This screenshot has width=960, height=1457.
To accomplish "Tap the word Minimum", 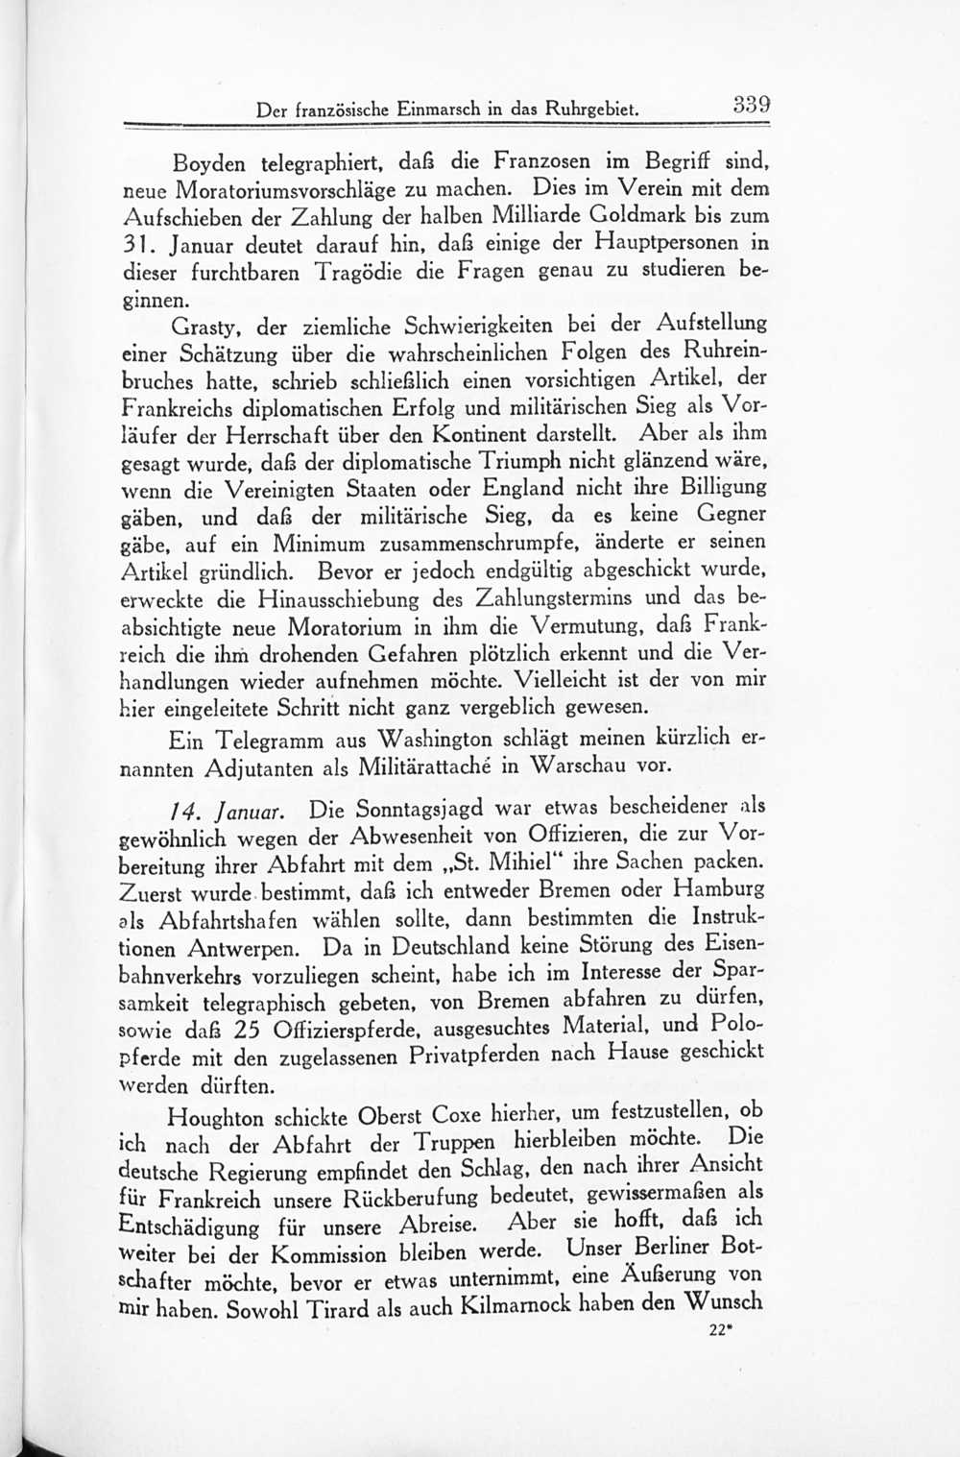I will click(x=314, y=544).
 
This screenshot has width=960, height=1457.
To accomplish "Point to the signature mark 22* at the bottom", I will click(x=720, y=1332).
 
